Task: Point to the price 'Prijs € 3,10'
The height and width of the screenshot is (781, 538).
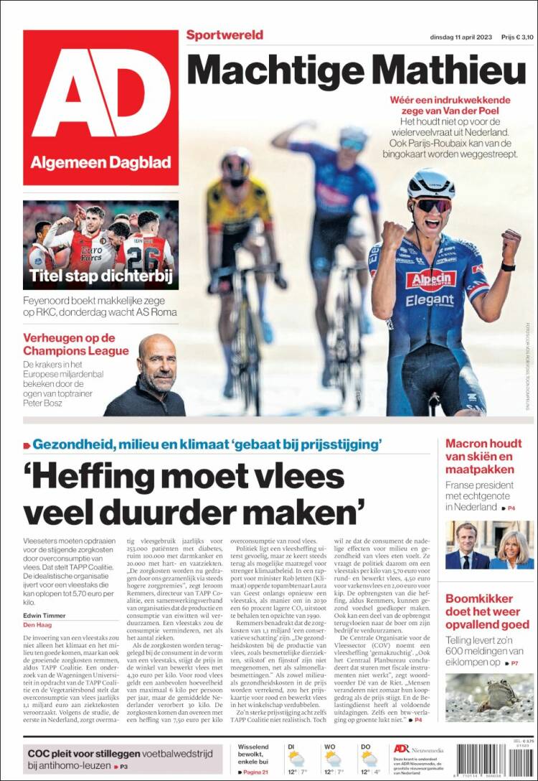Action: tap(517, 37)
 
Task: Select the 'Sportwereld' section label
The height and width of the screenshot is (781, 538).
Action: tap(225, 35)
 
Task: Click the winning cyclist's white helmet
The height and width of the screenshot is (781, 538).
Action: tap(431, 184)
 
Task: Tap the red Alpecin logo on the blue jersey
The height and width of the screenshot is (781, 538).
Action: tap(430, 279)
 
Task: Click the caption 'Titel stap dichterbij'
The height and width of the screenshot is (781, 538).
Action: tap(98, 276)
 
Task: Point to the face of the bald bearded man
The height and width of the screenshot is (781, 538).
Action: tap(157, 360)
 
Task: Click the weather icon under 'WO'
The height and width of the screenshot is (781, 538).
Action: tap(332, 759)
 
